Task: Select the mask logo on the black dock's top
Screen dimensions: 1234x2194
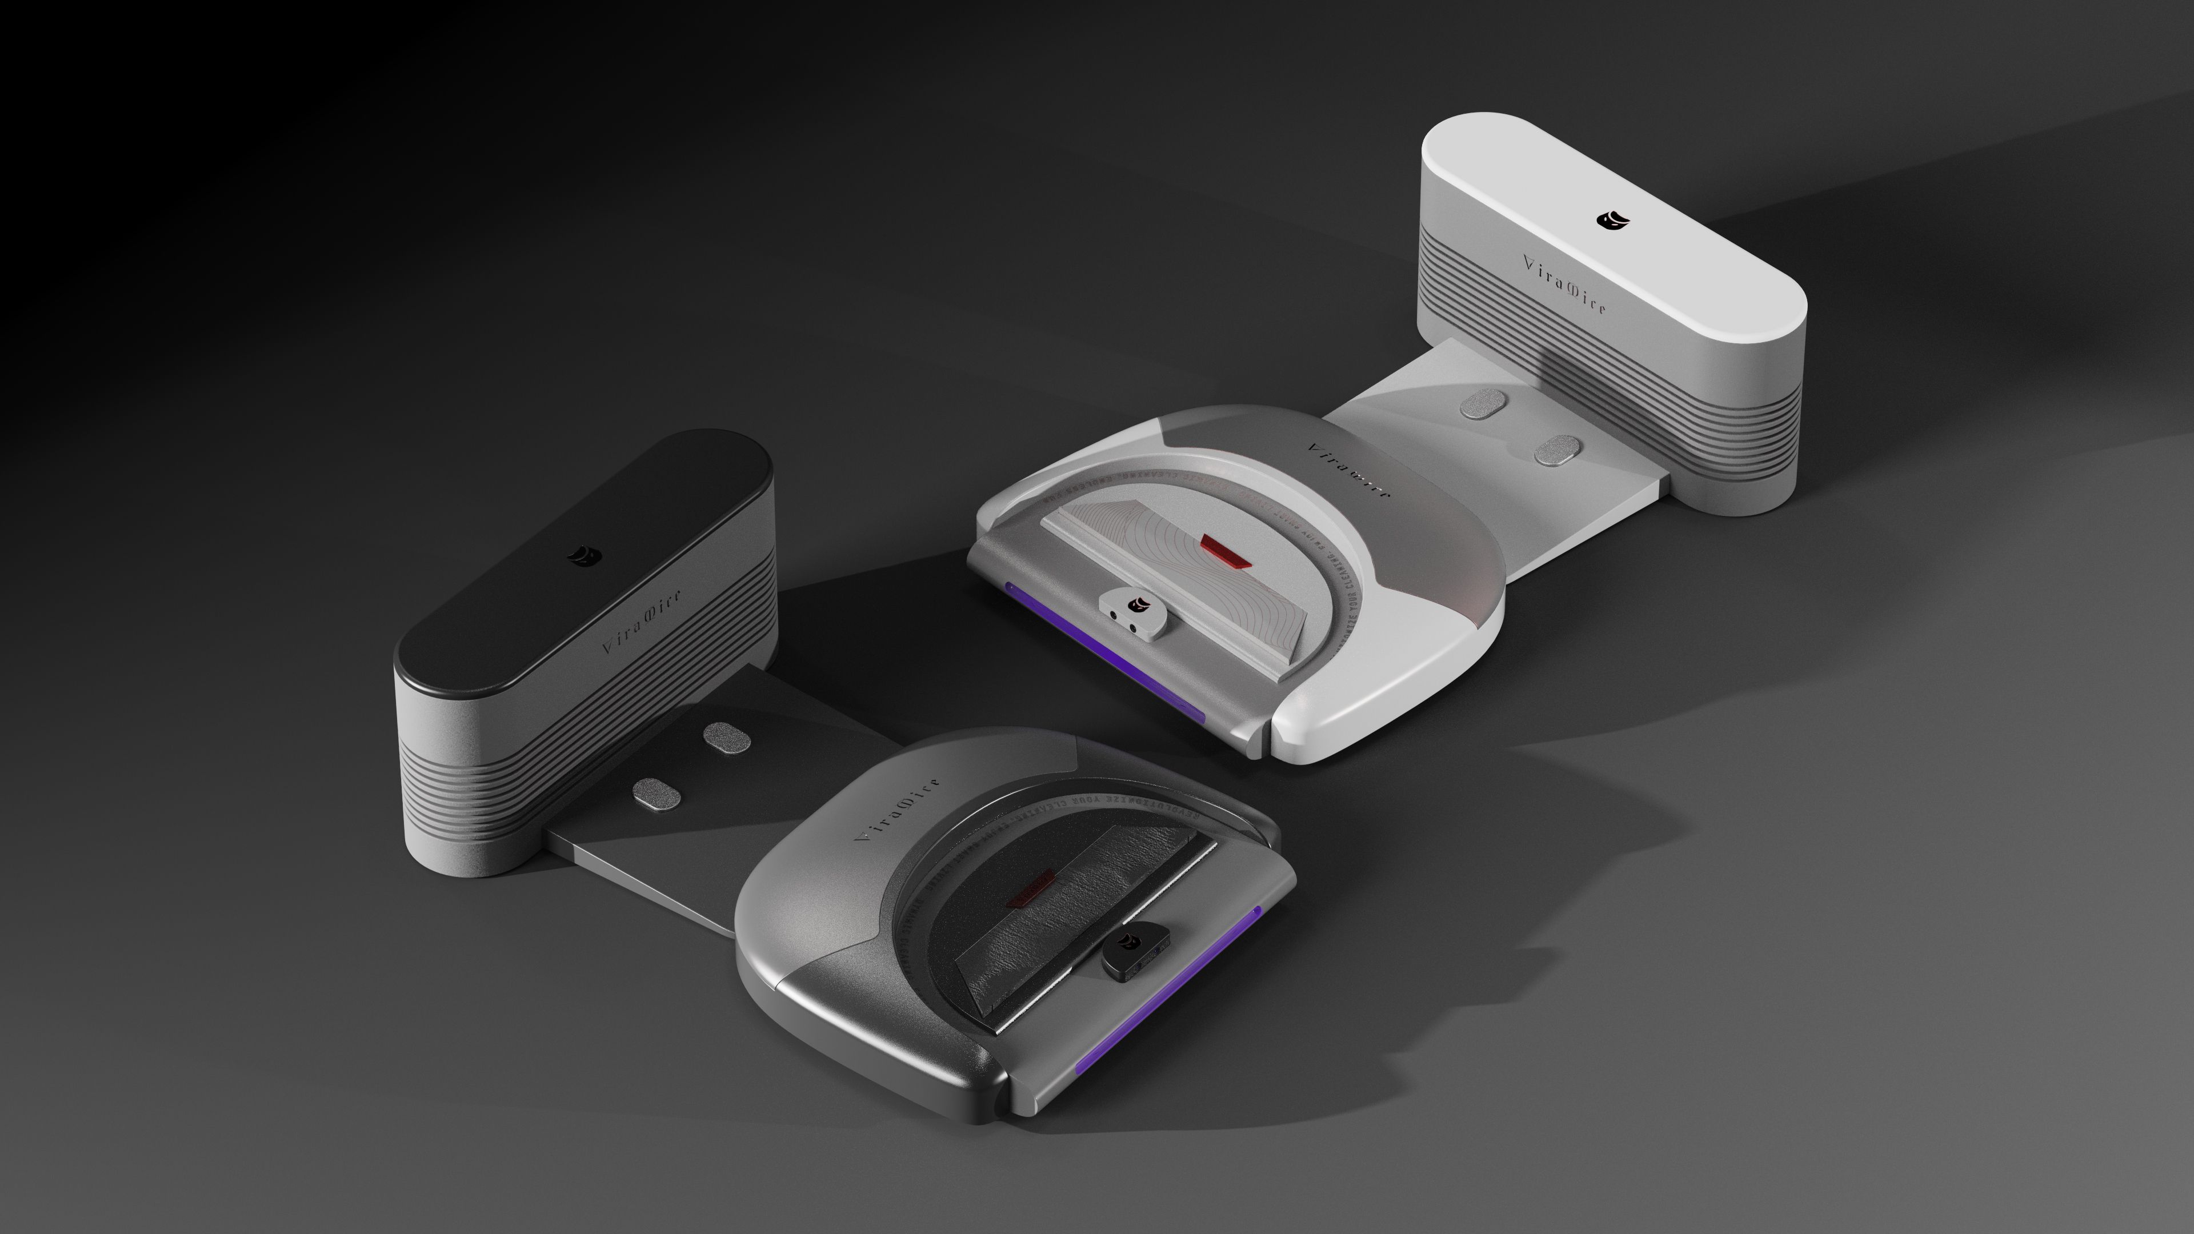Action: pyautogui.click(x=584, y=555)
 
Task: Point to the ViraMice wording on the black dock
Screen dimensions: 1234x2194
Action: pyautogui.click(x=640, y=621)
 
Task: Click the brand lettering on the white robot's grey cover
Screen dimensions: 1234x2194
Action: pyautogui.click(x=1348, y=471)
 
